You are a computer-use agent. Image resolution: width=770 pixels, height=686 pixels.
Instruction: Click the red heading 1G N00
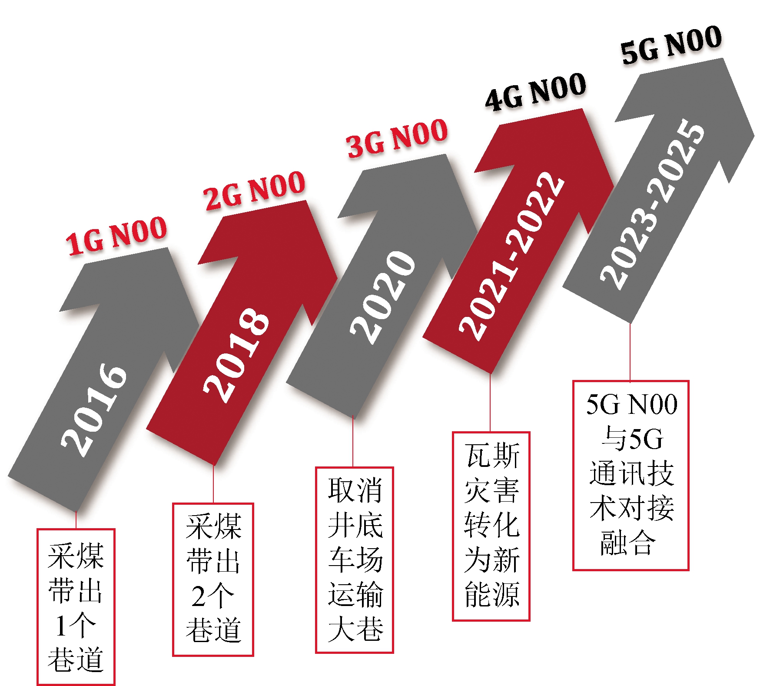click(116, 236)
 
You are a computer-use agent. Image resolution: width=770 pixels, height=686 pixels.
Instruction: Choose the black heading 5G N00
click(671, 45)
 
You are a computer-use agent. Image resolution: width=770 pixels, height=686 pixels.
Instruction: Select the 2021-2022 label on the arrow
click(512, 256)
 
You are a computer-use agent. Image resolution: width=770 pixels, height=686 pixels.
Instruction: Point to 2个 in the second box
click(212, 596)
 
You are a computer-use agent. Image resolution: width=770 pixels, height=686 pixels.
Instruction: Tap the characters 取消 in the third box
click(355, 490)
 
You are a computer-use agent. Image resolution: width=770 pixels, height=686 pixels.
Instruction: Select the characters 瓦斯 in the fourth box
click(491, 455)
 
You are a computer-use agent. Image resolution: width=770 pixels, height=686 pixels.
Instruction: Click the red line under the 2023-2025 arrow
click(630, 352)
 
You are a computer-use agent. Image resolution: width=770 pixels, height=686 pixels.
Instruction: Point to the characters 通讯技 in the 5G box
click(631, 473)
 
